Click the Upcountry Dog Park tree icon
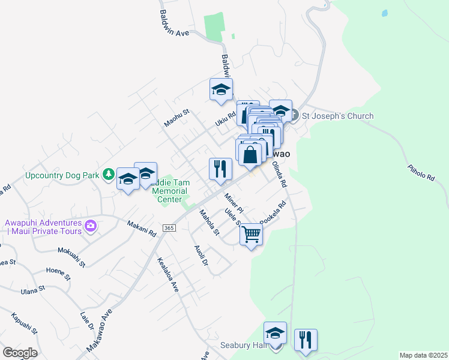pyautogui.click(x=108, y=175)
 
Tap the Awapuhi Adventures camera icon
pyautogui.click(x=91, y=226)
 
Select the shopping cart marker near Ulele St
pyautogui.click(x=251, y=234)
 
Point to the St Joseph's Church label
pyautogui.click(x=337, y=116)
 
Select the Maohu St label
pyautogui.click(x=176, y=118)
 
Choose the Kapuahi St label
pyautogui.click(x=24, y=323)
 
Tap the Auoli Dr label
pyautogui.click(x=200, y=255)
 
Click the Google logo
pyautogui.click(x=20, y=353)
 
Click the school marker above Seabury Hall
pyautogui.click(x=275, y=333)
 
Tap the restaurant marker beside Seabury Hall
pyautogui.click(x=306, y=340)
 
